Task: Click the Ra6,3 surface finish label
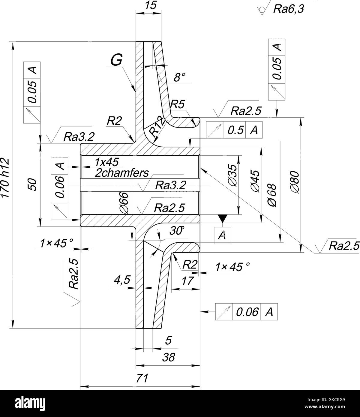point(288,9)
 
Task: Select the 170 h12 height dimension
point(5,178)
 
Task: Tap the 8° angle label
point(180,77)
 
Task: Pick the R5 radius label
point(177,104)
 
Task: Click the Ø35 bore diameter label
point(233,176)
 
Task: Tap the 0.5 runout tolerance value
point(234,130)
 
